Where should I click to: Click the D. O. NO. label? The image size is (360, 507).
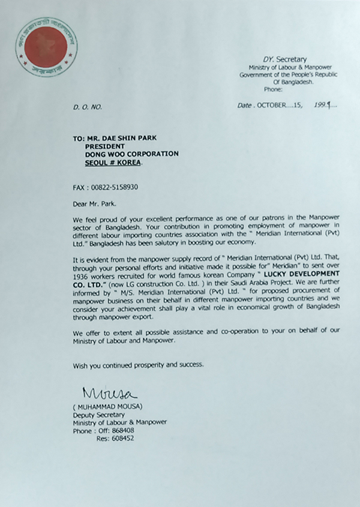[x=88, y=106]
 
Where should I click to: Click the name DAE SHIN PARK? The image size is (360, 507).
[x=131, y=137]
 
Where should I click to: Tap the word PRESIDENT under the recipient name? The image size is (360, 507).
[x=104, y=145]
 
